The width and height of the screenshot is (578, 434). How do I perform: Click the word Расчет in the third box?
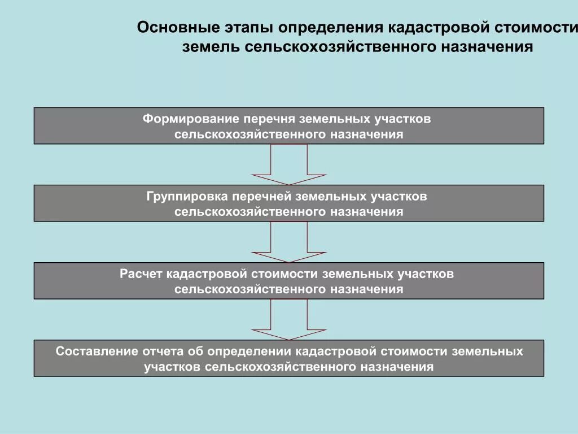pos(141,274)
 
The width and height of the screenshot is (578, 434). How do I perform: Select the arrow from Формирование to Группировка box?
pos(289,164)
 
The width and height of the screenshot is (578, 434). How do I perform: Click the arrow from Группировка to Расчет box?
pos(289,242)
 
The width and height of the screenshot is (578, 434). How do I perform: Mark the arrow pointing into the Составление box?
pos(289,319)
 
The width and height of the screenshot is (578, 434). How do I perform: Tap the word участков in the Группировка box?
pos(399,197)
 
